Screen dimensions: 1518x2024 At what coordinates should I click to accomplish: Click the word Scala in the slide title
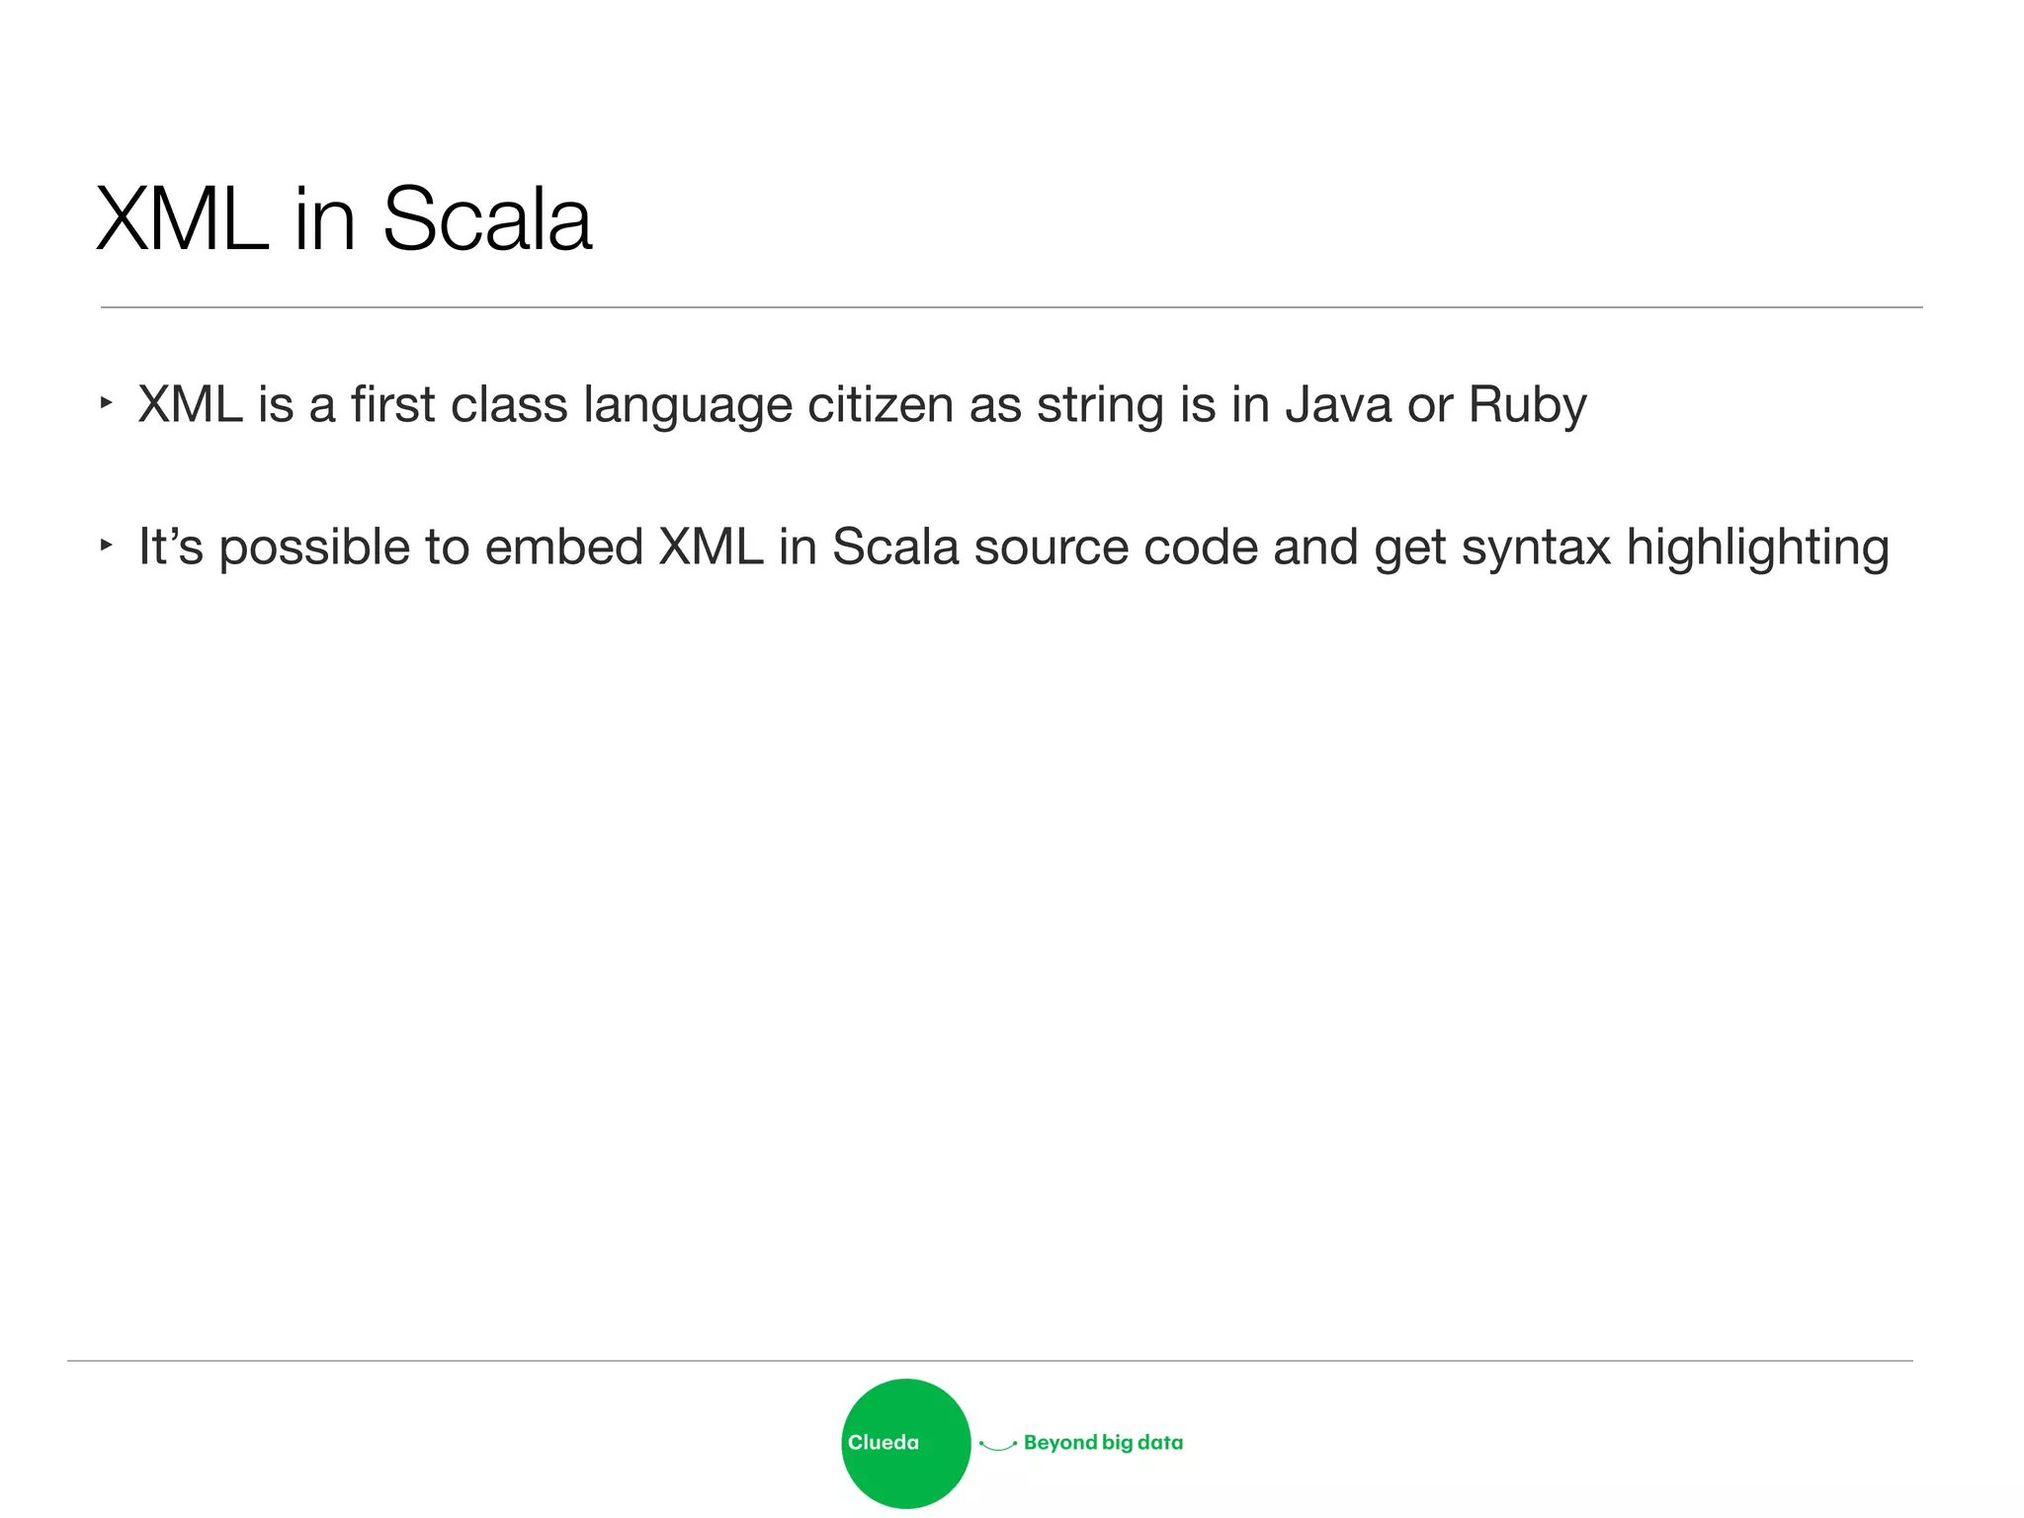(486, 219)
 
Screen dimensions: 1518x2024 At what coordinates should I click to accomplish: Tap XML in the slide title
(182, 219)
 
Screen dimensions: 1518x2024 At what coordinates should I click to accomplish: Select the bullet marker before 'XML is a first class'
(107, 403)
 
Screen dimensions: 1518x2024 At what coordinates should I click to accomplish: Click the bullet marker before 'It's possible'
(107, 545)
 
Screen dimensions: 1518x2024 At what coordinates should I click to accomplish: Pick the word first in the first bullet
(393, 405)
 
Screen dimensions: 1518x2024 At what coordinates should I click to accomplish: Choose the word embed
(564, 547)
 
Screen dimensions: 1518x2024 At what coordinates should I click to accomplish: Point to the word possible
(314, 548)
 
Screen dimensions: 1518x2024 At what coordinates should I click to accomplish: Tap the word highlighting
(1757, 548)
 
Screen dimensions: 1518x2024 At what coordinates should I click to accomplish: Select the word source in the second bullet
(1051, 548)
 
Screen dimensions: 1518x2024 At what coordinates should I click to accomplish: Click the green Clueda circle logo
(905, 1443)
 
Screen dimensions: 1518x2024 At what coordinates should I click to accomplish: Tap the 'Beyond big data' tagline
(1103, 1443)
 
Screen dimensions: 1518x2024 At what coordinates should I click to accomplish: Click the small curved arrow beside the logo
(997, 1446)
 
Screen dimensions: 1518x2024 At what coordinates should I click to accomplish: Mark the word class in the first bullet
(509, 405)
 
